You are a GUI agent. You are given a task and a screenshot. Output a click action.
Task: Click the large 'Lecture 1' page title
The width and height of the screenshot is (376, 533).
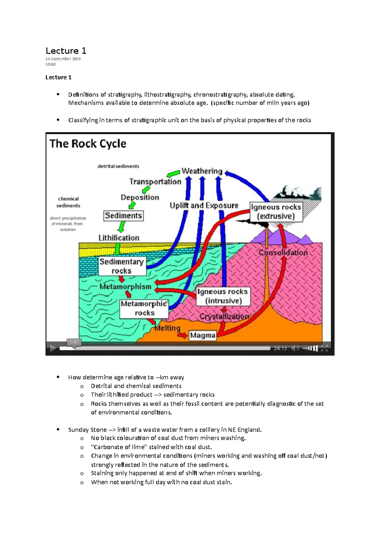(66, 51)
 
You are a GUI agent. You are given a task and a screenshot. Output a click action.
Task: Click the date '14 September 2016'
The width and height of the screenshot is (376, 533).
(63, 59)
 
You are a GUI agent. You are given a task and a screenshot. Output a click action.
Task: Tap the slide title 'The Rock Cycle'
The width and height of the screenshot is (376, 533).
(88, 144)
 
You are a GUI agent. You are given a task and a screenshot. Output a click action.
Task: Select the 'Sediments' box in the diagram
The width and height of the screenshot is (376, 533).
(123, 216)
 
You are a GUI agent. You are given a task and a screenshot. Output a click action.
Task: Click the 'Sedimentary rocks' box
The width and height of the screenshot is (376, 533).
(122, 266)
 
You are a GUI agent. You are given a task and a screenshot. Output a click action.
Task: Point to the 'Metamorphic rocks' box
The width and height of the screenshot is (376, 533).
(144, 308)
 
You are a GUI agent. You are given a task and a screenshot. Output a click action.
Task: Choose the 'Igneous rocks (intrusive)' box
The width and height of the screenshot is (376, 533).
(223, 296)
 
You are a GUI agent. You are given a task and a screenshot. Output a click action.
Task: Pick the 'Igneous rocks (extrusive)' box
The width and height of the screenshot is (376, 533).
(276, 212)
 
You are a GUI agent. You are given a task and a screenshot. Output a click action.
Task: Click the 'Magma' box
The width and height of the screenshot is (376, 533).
(203, 335)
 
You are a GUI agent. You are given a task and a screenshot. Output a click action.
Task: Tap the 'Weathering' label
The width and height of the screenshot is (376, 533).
(202, 171)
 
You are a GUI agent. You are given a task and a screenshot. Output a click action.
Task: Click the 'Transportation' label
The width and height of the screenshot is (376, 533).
(155, 182)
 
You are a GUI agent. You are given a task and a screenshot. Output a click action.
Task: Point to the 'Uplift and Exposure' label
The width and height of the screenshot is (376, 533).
(204, 206)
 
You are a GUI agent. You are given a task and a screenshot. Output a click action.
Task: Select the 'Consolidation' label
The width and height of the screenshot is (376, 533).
(283, 253)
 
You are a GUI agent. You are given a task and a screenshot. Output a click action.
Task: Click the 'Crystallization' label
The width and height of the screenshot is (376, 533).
(224, 316)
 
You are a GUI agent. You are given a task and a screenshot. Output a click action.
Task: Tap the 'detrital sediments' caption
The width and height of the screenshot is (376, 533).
(118, 166)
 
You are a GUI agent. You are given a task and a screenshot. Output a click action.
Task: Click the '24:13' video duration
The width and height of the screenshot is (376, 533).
(280, 348)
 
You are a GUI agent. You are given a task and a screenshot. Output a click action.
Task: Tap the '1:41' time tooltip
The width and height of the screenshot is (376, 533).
(74, 342)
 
